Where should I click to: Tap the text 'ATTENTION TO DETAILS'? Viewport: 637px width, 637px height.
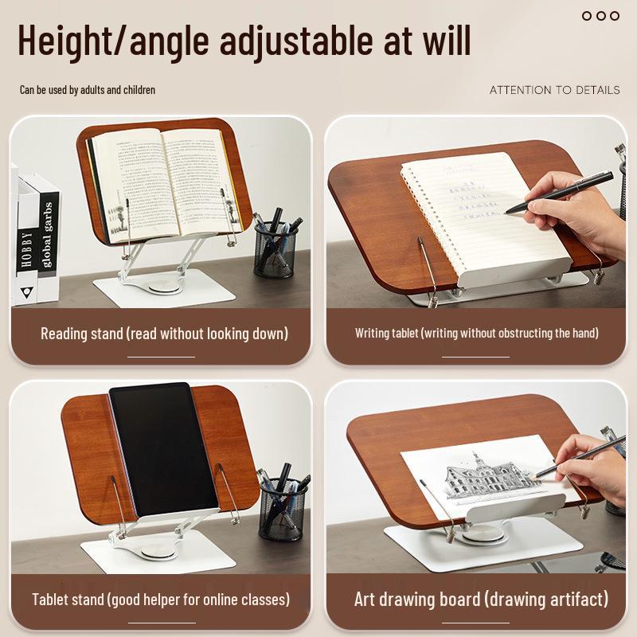554,90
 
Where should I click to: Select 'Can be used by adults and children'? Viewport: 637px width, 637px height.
88,90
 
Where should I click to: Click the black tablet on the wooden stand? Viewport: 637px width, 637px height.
162,450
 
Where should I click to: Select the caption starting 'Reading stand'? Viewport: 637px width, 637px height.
164,333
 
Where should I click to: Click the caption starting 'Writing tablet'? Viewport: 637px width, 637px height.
476,333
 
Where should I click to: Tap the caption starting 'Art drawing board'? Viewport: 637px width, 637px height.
481,599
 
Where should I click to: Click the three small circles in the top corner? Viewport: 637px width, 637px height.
600,15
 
